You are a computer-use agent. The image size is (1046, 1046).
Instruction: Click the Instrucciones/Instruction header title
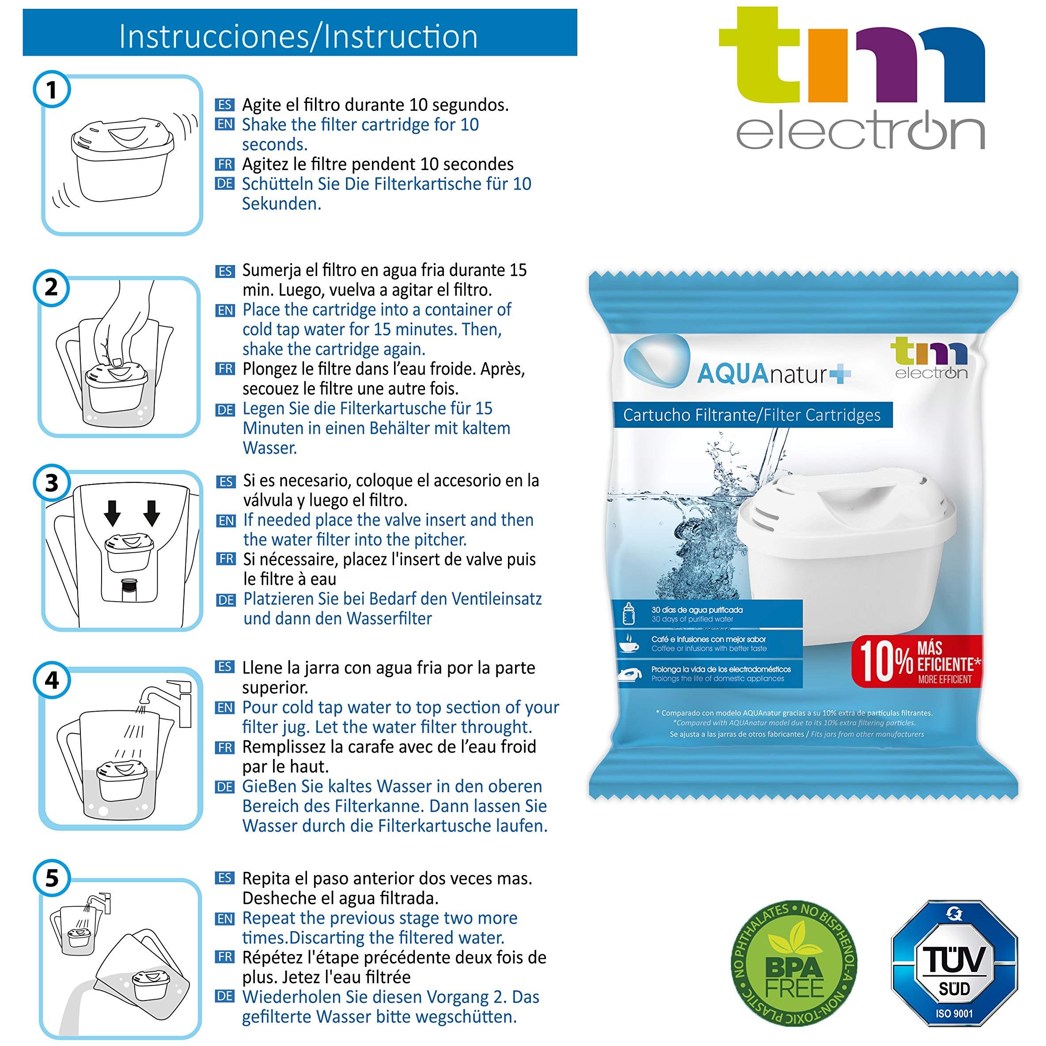(299, 37)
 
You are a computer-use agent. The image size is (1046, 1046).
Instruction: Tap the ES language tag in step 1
(225, 105)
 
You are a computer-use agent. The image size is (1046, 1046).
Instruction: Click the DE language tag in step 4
(225, 787)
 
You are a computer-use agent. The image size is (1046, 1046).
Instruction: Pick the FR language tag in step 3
(225, 559)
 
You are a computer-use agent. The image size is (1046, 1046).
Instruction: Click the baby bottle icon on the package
(629, 614)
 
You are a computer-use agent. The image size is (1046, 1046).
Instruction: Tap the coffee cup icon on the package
(629, 643)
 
